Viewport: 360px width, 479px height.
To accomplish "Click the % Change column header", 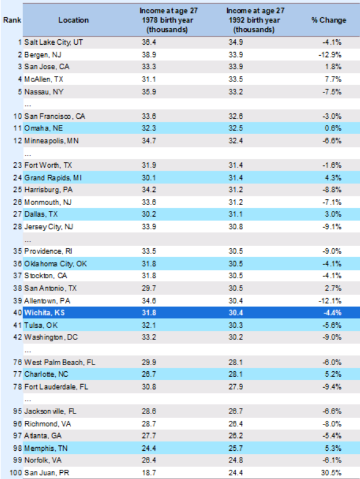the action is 329,20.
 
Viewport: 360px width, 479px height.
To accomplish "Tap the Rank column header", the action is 12,20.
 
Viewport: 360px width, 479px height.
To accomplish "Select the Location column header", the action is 73,20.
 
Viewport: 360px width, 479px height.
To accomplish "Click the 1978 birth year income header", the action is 168,20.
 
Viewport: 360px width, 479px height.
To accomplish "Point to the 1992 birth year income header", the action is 255,20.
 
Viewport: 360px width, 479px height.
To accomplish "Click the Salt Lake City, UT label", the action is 53,42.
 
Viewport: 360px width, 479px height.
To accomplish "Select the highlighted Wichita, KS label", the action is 45,313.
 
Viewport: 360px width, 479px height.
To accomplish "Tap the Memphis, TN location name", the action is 46,448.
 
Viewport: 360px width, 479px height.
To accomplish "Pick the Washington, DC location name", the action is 51,337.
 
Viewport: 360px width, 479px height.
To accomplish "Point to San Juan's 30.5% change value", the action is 331,473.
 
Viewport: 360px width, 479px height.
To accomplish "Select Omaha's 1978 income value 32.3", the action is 149,128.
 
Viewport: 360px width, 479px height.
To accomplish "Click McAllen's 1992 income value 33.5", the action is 236,79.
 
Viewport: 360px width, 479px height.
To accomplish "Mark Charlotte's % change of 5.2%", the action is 333,374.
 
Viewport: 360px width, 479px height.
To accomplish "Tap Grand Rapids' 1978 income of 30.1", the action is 149,177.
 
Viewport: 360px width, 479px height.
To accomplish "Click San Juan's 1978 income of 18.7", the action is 149,473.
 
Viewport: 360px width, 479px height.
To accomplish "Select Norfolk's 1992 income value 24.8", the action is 236,460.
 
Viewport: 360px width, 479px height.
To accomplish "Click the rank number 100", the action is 15,473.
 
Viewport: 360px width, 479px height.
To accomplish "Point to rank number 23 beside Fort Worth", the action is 17,165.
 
